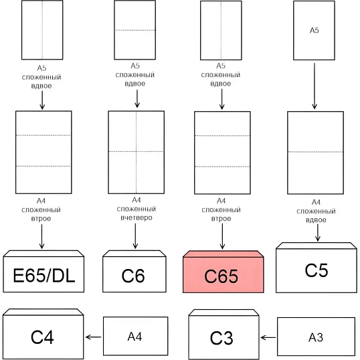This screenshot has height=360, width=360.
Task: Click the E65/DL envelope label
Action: click(x=44, y=275)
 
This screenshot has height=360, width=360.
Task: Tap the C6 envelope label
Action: click(x=133, y=276)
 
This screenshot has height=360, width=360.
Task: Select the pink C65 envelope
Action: click(x=223, y=272)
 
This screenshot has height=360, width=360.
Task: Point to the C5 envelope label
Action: click(x=316, y=270)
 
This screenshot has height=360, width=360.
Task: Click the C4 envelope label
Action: click(x=42, y=337)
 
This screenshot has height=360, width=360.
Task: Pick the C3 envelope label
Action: click(x=221, y=338)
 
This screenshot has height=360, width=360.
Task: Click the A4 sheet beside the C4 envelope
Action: click(x=135, y=336)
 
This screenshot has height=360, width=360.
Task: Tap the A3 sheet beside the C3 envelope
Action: click(x=316, y=337)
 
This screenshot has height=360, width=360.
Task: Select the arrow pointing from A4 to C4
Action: click(x=93, y=337)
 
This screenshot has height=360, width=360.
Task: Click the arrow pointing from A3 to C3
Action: click(x=268, y=337)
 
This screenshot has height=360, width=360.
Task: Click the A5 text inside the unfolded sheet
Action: click(x=314, y=30)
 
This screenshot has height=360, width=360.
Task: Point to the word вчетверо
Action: click(x=137, y=217)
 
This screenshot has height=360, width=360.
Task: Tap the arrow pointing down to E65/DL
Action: click(x=41, y=236)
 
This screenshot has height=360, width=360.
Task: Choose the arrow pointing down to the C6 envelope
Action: click(x=135, y=236)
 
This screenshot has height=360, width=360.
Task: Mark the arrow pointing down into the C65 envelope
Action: click(x=222, y=236)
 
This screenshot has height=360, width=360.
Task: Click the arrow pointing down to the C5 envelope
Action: click(x=318, y=233)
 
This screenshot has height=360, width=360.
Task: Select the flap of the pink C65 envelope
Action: click(x=223, y=254)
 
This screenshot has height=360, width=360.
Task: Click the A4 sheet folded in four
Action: click(x=137, y=152)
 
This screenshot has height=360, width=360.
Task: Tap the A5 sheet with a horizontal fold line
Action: click(x=135, y=30)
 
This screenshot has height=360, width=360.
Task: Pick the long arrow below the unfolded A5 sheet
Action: click(x=314, y=86)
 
